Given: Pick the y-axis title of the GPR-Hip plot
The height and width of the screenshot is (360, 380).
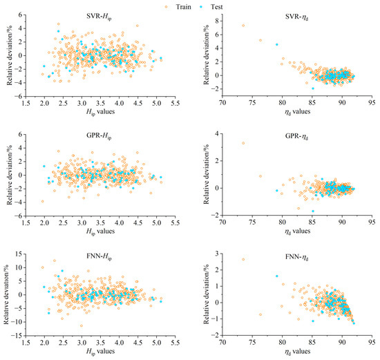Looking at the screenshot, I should tap(10, 175).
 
